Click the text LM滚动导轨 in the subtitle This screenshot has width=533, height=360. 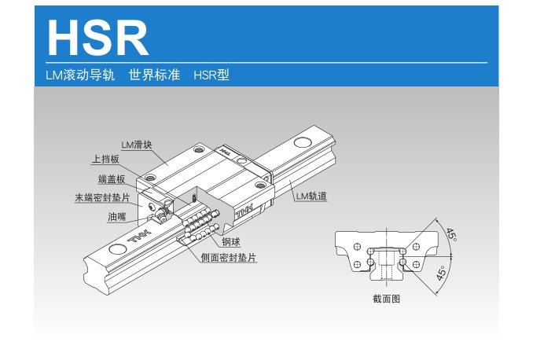[x=81, y=75]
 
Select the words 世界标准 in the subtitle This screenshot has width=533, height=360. [x=155, y=75]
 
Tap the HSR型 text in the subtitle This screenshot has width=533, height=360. [x=211, y=75]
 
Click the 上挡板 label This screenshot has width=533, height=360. [x=105, y=160]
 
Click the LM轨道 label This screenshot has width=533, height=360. [x=311, y=197]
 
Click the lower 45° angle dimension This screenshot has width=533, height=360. [x=441, y=274]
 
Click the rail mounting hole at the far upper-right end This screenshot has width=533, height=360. [x=303, y=142]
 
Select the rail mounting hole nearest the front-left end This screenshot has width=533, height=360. [x=117, y=249]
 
